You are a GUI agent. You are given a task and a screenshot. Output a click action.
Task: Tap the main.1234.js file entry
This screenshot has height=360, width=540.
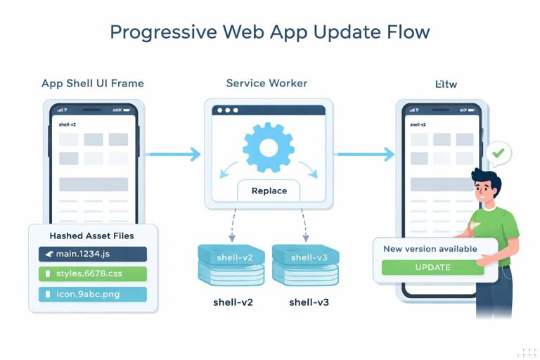click(x=93, y=254)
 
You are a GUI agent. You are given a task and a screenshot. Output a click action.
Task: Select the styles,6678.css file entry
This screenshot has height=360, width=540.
click(x=93, y=274)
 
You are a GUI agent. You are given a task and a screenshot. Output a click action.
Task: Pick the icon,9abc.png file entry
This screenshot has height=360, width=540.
click(x=93, y=293)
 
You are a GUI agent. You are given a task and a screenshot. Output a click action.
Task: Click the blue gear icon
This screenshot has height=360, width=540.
click(x=268, y=148)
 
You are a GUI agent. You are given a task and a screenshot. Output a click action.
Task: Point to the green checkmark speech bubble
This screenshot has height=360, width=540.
click(x=499, y=153)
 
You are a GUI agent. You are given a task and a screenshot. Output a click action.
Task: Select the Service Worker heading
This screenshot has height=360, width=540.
click(x=266, y=83)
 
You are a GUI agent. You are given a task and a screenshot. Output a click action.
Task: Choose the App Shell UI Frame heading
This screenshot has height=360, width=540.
click(x=93, y=83)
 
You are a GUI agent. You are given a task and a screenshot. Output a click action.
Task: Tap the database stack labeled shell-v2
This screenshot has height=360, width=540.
click(x=231, y=264)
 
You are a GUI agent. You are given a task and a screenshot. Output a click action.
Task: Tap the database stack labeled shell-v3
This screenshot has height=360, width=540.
click(x=305, y=264)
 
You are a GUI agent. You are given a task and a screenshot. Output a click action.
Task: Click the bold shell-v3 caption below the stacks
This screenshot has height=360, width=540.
click(x=309, y=303)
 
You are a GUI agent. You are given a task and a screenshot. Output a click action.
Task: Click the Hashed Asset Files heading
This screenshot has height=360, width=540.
click(x=91, y=236)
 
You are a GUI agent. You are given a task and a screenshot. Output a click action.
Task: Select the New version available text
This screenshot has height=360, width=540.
click(x=430, y=249)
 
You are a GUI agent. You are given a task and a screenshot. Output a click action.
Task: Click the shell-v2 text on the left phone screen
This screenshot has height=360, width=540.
click(x=67, y=124)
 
